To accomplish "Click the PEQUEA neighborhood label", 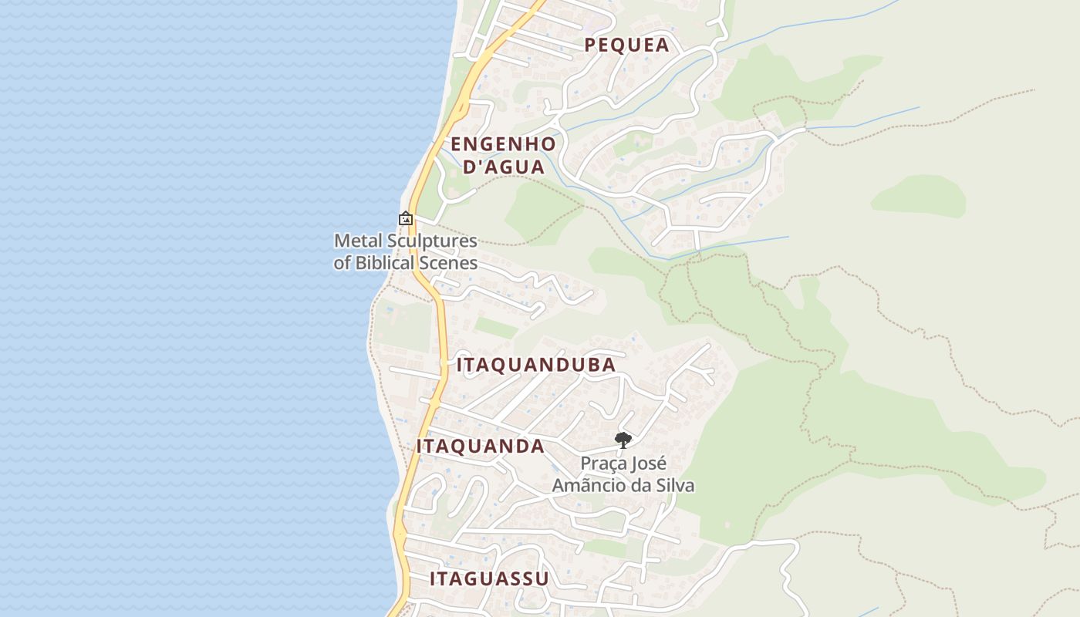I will point(626,45).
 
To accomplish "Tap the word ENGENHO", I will point(503,144).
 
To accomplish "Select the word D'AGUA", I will point(503,167).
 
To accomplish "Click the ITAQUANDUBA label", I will point(536,365).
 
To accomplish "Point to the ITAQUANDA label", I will point(481,447).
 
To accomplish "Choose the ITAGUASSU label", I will point(489,578).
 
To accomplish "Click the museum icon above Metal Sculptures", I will point(406,219).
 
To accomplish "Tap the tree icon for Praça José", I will point(623,440).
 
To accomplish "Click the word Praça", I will point(602,464).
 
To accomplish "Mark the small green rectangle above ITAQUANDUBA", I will point(495,328).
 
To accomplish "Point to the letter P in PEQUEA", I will point(590,45).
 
